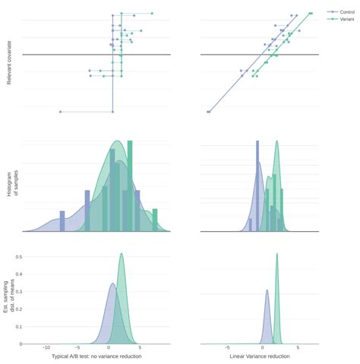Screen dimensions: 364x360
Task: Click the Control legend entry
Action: (346, 12)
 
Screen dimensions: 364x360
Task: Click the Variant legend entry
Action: (346, 20)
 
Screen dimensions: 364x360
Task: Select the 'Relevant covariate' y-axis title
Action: (9, 64)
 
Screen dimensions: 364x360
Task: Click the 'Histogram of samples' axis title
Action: (13, 185)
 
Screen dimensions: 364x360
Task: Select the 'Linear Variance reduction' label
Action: (259, 356)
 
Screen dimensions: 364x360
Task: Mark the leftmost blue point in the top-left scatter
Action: (60, 112)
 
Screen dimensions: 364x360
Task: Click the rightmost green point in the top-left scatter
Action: (152, 14)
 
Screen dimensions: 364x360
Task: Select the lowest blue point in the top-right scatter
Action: (207, 112)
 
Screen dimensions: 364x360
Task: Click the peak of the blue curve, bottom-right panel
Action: (267, 290)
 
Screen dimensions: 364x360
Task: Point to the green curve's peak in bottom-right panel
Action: (276, 255)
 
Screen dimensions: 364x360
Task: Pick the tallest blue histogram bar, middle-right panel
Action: (257, 186)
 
